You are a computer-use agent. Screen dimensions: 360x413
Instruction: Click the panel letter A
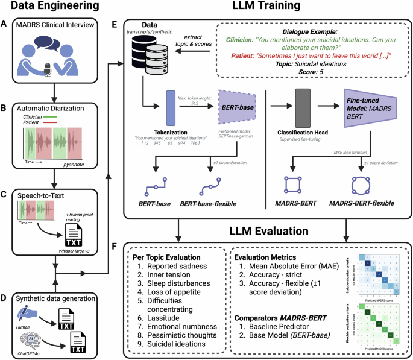(x=5, y=24)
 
